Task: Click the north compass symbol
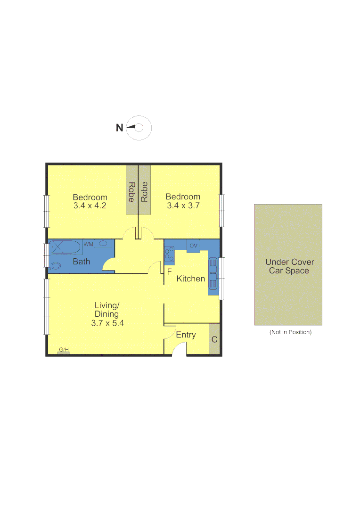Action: [x=139, y=127]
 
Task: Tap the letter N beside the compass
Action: [x=120, y=127]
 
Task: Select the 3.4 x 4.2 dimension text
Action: [x=90, y=206]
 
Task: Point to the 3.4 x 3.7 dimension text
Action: [x=183, y=206]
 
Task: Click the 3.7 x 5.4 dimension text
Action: [x=107, y=323]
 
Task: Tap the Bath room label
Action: [x=82, y=262]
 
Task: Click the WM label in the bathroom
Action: [x=88, y=244]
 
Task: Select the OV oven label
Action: [x=193, y=246]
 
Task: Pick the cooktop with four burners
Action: [x=169, y=255]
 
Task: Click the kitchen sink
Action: [x=213, y=276]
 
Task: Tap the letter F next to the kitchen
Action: [x=169, y=271]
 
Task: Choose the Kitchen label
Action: [x=191, y=279]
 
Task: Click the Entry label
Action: [x=186, y=335]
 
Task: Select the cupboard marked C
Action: [x=214, y=339]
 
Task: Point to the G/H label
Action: [x=64, y=350]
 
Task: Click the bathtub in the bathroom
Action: [x=66, y=247]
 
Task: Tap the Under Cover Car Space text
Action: [x=289, y=266]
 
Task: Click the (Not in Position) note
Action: [x=290, y=332]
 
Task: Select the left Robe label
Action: [x=132, y=192]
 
